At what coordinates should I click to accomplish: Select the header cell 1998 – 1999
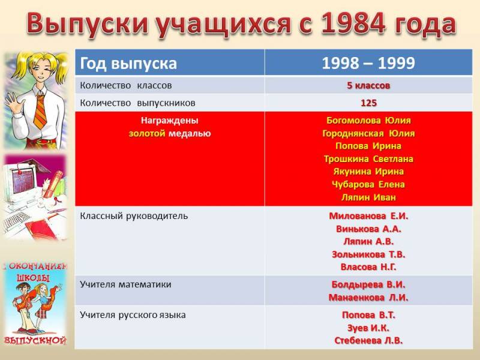pyautogui.click(x=368, y=63)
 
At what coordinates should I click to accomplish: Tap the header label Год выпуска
pyautogui.click(x=128, y=64)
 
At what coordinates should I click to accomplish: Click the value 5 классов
pyautogui.click(x=368, y=85)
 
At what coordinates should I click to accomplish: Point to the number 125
pyautogui.click(x=368, y=103)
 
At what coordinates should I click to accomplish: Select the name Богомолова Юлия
pyautogui.click(x=368, y=121)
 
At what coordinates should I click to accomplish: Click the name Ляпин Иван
pyautogui.click(x=368, y=197)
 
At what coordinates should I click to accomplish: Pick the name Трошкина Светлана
pyautogui.click(x=368, y=159)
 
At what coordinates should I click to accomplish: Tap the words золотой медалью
pyautogui.click(x=170, y=134)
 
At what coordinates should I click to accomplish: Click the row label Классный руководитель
pyautogui.click(x=134, y=216)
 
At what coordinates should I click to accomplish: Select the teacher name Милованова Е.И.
pyautogui.click(x=368, y=216)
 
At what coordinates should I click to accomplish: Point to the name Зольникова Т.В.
pyautogui.click(x=368, y=254)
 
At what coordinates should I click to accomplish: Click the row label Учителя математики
pyautogui.click(x=125, y=284)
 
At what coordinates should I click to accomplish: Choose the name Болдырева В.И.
pyautogui.click(x=368, y=284)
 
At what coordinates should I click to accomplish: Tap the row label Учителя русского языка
pyautogui.click(x=133, y=315)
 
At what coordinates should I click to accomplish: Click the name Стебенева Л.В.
pyautogui.click(x=368, y=340)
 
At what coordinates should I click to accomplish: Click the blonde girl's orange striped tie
pyautogui.click(x=41, y=111)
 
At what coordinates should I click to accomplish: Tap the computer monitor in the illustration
pyautogui.click(x=22, y=181)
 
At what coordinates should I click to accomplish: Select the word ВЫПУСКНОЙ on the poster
pyautogui.click(x=35, y=340)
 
